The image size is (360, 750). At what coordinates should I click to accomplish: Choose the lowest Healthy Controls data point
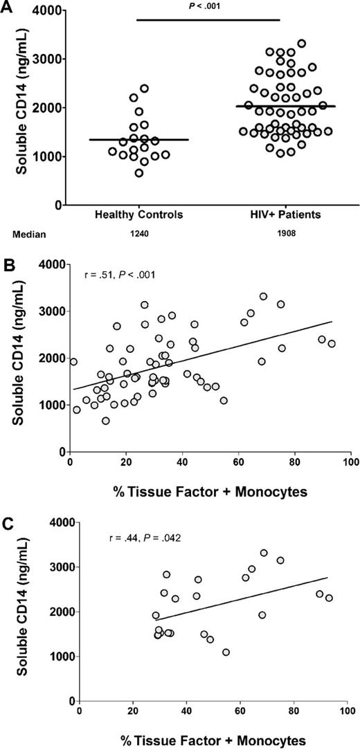[x=139, y=173]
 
